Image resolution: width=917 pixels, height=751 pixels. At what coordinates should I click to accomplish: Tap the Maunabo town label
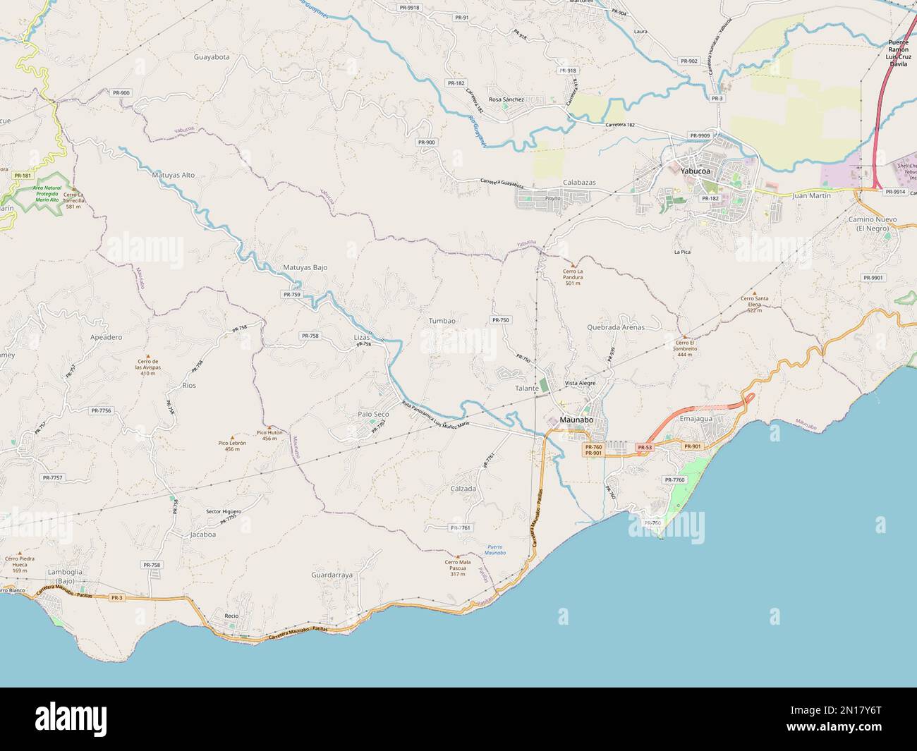(576, 420)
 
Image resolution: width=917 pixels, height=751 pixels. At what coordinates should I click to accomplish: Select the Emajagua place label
(696, 418)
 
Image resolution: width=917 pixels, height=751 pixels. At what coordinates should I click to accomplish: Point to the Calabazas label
(579, 182)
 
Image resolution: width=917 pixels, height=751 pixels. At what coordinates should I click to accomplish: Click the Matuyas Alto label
(173, 174)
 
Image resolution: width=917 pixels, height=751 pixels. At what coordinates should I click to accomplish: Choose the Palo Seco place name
(373, 414)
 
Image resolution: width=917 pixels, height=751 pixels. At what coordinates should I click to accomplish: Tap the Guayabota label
(212, 56)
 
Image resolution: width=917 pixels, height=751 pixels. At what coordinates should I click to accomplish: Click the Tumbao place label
(442, 321)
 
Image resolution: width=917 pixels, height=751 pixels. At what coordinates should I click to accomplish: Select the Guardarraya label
(332, 575)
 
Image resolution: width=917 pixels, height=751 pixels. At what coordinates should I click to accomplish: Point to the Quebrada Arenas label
(615, 327)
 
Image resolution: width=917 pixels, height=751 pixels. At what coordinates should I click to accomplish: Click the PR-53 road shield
(644, 447)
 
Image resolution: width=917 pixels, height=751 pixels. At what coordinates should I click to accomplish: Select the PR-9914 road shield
(894, 191)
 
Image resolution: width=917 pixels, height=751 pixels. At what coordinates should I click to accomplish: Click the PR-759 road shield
(291, 294)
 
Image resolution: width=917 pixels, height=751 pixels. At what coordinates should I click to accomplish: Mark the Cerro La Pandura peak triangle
(573, 264)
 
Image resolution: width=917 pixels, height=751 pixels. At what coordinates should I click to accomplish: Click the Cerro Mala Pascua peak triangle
(457, 556)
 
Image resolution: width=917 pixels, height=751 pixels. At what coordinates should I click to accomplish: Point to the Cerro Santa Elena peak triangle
(754, 293)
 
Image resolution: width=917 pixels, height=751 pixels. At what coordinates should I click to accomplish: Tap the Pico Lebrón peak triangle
(232, 437)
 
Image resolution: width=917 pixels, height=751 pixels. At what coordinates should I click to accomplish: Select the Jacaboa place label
(203, 535)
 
